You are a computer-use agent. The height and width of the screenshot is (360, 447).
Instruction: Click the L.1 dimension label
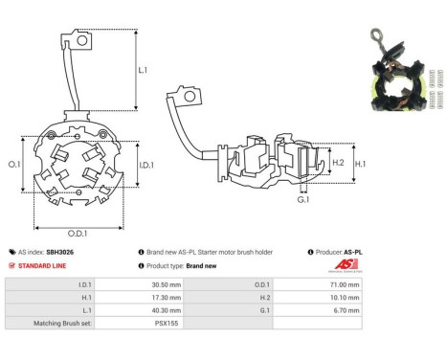click(143, 71)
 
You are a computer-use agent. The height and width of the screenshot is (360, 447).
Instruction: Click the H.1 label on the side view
click(360, 164)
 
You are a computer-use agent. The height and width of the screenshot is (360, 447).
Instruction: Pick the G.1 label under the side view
click(303, 199)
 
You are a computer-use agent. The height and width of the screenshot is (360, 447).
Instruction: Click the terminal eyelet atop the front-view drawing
click(83, 40)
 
